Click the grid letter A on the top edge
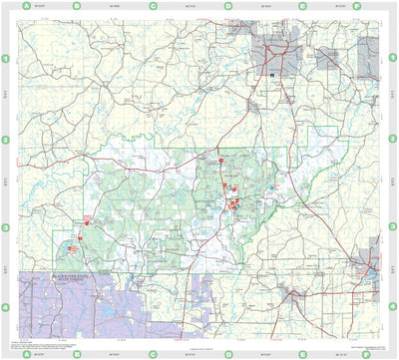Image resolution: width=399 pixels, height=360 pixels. coord(24,5)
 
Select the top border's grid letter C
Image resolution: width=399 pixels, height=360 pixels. coord(153,5)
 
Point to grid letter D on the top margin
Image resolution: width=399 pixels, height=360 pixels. coord(227,5)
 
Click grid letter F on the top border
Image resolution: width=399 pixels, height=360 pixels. coord(371,5)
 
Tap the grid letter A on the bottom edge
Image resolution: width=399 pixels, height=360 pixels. coord(24,353)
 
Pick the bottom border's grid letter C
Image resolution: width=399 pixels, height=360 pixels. coord(153,353)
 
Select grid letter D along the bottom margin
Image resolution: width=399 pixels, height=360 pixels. coord(227,353)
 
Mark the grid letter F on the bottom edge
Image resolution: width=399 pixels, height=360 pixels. coord(371,353)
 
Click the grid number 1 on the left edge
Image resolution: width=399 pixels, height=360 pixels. coord(5,59)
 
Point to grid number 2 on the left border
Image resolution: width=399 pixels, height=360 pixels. coord(5,140)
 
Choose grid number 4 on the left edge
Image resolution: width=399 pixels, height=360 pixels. coord(5,307)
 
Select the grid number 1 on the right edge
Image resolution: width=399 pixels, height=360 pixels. coord(393,59)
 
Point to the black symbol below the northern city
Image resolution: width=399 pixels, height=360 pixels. coord(271,74)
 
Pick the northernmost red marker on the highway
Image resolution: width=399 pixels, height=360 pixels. coord(220,158)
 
